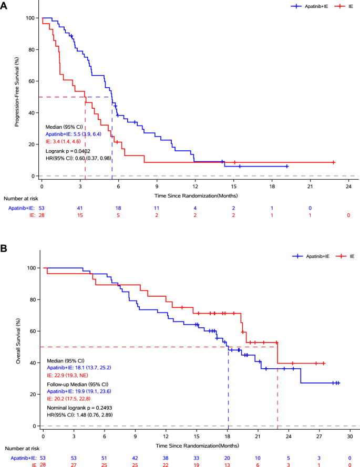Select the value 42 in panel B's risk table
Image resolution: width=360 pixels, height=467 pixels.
coord(135,458)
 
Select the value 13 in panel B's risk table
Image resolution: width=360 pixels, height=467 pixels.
coord(227,465)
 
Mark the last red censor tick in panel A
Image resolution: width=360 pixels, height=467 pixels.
coord(333,162)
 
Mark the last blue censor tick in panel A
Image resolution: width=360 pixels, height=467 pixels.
coord(287,166)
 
